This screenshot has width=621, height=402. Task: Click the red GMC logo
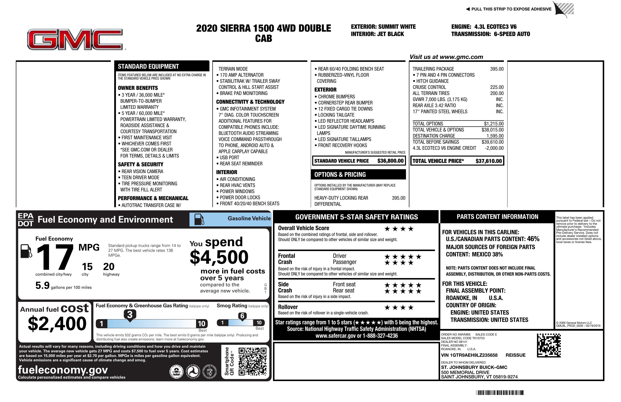tap(75, 39)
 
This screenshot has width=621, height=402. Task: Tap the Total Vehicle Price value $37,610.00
tap(489, 161)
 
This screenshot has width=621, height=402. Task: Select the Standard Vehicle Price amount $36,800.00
tap(390, 161)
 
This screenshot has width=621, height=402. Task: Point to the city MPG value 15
tap(87, 267)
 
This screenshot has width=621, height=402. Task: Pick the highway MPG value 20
tap(109, 267)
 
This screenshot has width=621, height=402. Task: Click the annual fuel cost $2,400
tap(57, 324)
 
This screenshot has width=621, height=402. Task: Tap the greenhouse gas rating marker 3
tap(130, 315)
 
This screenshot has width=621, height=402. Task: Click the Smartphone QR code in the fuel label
tap(252, 361)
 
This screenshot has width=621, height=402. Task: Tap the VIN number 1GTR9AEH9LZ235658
tap(469, 355)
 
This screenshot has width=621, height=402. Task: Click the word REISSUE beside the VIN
tap(515, 355)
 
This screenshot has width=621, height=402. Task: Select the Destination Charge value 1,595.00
tap(495, 136)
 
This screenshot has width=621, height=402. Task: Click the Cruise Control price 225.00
tap(497, 87)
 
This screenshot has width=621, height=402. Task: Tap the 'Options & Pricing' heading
tap(340, 175)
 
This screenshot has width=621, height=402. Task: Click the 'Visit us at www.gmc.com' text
tap(446, 57)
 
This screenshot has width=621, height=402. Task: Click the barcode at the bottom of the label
tap(500, 393)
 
